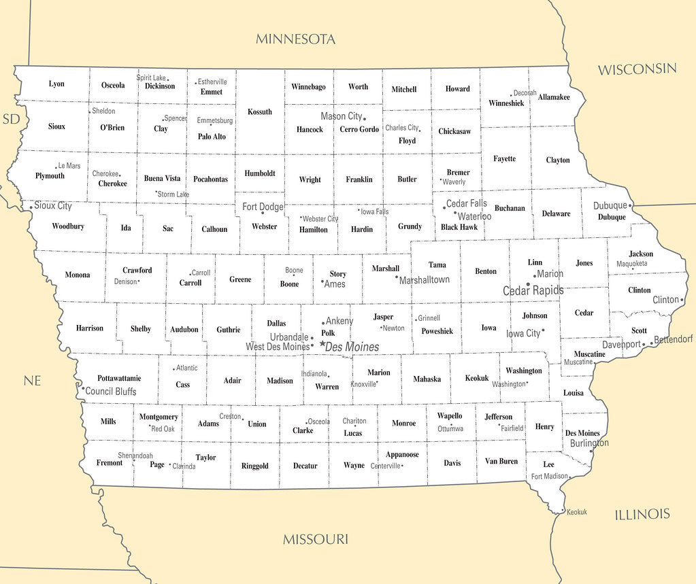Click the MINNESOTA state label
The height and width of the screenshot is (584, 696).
point(295,39)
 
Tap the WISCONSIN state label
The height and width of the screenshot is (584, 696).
point(637,69)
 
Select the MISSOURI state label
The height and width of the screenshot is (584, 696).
point(315,540)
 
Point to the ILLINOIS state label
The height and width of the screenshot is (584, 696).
point(642,515)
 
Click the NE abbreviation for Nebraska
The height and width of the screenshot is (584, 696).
point(32,381)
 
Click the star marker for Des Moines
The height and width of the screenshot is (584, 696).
point(322,344)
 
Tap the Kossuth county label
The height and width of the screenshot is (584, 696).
point(259,112)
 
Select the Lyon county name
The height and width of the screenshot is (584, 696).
point(56,84)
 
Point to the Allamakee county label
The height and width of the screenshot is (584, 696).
point(553,98)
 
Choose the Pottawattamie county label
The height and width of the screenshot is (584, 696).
point(119,378)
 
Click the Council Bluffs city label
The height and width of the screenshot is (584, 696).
point(111,392)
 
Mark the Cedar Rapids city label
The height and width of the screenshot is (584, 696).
point(533,291)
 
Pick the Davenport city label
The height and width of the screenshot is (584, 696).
point(621,345)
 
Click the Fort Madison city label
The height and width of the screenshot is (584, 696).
point(549,477)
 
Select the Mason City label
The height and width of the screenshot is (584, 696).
point(341,116)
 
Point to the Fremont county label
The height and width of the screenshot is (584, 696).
point(110,463)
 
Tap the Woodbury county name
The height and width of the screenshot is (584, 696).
point(68,226)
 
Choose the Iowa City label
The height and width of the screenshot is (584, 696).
point(523,334)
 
